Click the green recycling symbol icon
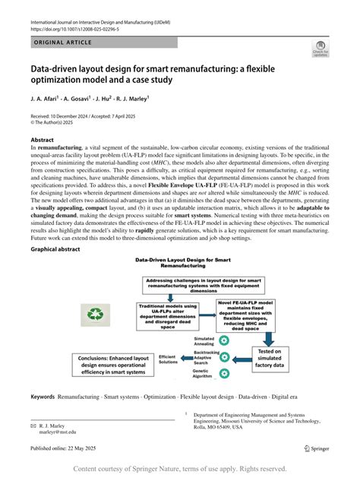[x=97, y=314]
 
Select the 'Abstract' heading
[x=43, y=141]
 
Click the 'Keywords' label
[x=43, y=397]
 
